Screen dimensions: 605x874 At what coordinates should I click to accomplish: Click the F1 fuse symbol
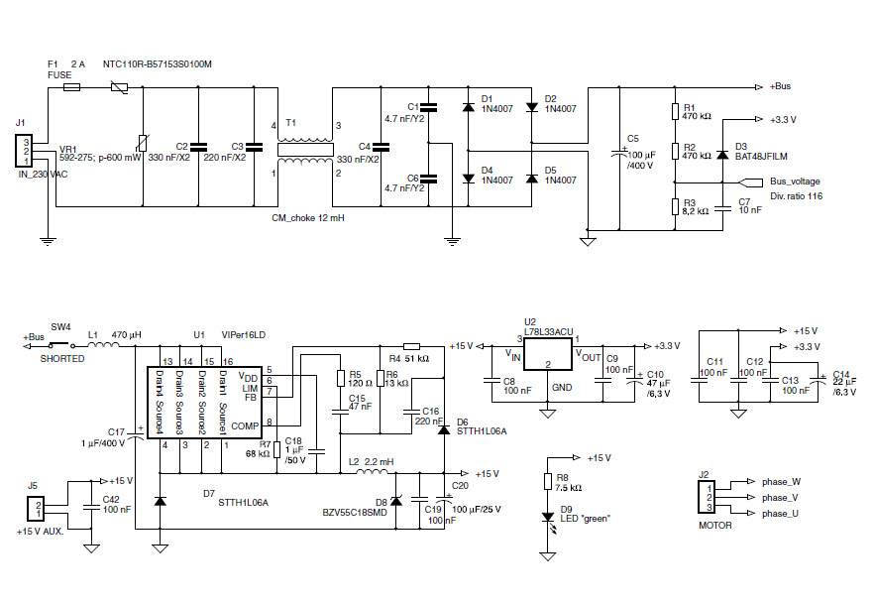point(72,87)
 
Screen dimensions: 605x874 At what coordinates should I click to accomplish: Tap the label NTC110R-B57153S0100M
point(158,64)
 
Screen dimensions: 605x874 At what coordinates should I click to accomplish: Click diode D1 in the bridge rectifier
point(468,106)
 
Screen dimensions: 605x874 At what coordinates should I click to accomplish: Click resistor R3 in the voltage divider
point(676,206)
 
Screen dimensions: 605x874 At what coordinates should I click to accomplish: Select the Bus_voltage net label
point(794,181)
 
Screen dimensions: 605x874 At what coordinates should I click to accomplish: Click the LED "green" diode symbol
point(548,517)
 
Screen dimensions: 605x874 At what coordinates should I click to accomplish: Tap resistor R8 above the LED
point(548,482)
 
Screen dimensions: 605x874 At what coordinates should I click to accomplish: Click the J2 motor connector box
point(707,496)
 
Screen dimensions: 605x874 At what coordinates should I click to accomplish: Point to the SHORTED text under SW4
point(62,359)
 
